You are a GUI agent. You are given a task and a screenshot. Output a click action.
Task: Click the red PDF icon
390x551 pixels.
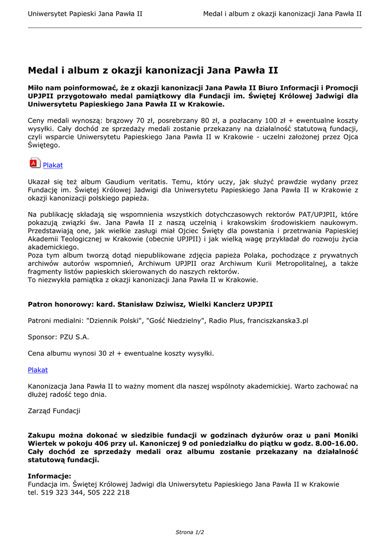click(x=35, y=163)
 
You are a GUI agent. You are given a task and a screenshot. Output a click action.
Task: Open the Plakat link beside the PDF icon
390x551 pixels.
click(x=53, y=165)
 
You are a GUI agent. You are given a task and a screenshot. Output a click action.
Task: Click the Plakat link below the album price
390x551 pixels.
click(x=38, y=370)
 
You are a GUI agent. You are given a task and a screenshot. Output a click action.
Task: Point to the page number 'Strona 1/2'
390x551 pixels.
click(x=190, y=532)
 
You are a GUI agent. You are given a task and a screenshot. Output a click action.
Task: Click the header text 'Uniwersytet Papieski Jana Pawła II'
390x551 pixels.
click(x=85, y=13)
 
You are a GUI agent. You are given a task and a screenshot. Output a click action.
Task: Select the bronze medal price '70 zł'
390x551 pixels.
click(x=146, y=121)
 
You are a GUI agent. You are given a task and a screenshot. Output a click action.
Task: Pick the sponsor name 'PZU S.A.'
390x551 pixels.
click(x=74, y=337)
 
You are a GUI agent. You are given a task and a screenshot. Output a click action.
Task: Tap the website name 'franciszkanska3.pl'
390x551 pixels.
click(x=278, y=321)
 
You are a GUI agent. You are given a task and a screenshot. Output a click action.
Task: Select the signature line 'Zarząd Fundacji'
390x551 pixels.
click(x=54, y=411)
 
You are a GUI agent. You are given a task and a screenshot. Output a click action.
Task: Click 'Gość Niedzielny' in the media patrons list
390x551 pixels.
click(x=173, y=321)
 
